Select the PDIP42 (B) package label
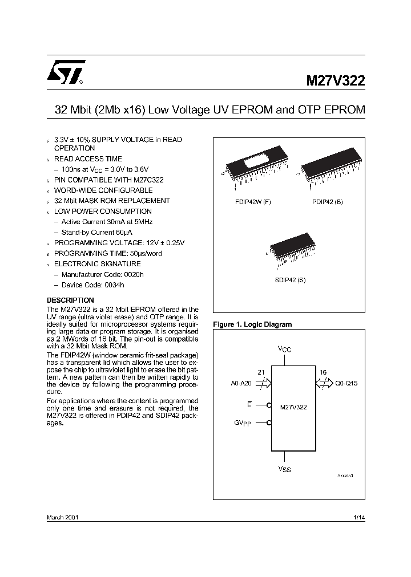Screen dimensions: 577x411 click(327, 202)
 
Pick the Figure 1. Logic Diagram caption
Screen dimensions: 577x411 click(252, 324)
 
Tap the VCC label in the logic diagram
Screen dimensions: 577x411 click(284, 349)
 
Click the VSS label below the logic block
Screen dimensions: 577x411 click(284, 469)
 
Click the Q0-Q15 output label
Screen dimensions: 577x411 click(346, 384)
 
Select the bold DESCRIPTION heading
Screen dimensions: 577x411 click(70, 300)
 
